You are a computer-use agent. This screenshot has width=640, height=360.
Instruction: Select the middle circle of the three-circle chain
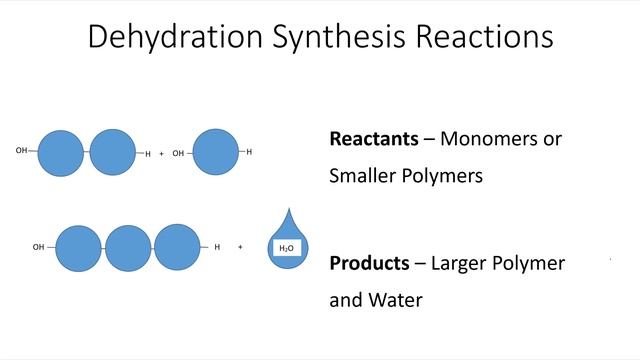click(128, 248)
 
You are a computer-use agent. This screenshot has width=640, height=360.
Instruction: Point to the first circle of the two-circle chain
click(63, 152)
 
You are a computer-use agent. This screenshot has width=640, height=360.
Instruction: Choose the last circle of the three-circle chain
click(177, 247)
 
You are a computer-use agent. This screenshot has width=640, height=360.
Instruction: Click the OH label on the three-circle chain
click(38, 246)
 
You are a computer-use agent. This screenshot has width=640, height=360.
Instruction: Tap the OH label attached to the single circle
click(178, 154)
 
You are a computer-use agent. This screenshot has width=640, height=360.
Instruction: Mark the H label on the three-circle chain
click(217, 246)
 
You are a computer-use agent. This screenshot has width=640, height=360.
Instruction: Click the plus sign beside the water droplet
click(241, 246)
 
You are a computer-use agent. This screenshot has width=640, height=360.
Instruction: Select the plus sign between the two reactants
click(161, 154)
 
